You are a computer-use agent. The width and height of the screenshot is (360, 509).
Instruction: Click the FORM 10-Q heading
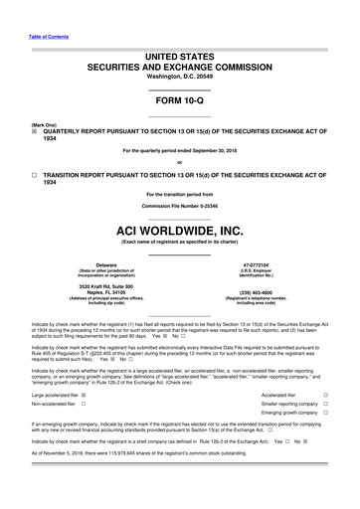point(179,101)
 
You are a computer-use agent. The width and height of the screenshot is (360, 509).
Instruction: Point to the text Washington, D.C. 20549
point(179,76)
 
